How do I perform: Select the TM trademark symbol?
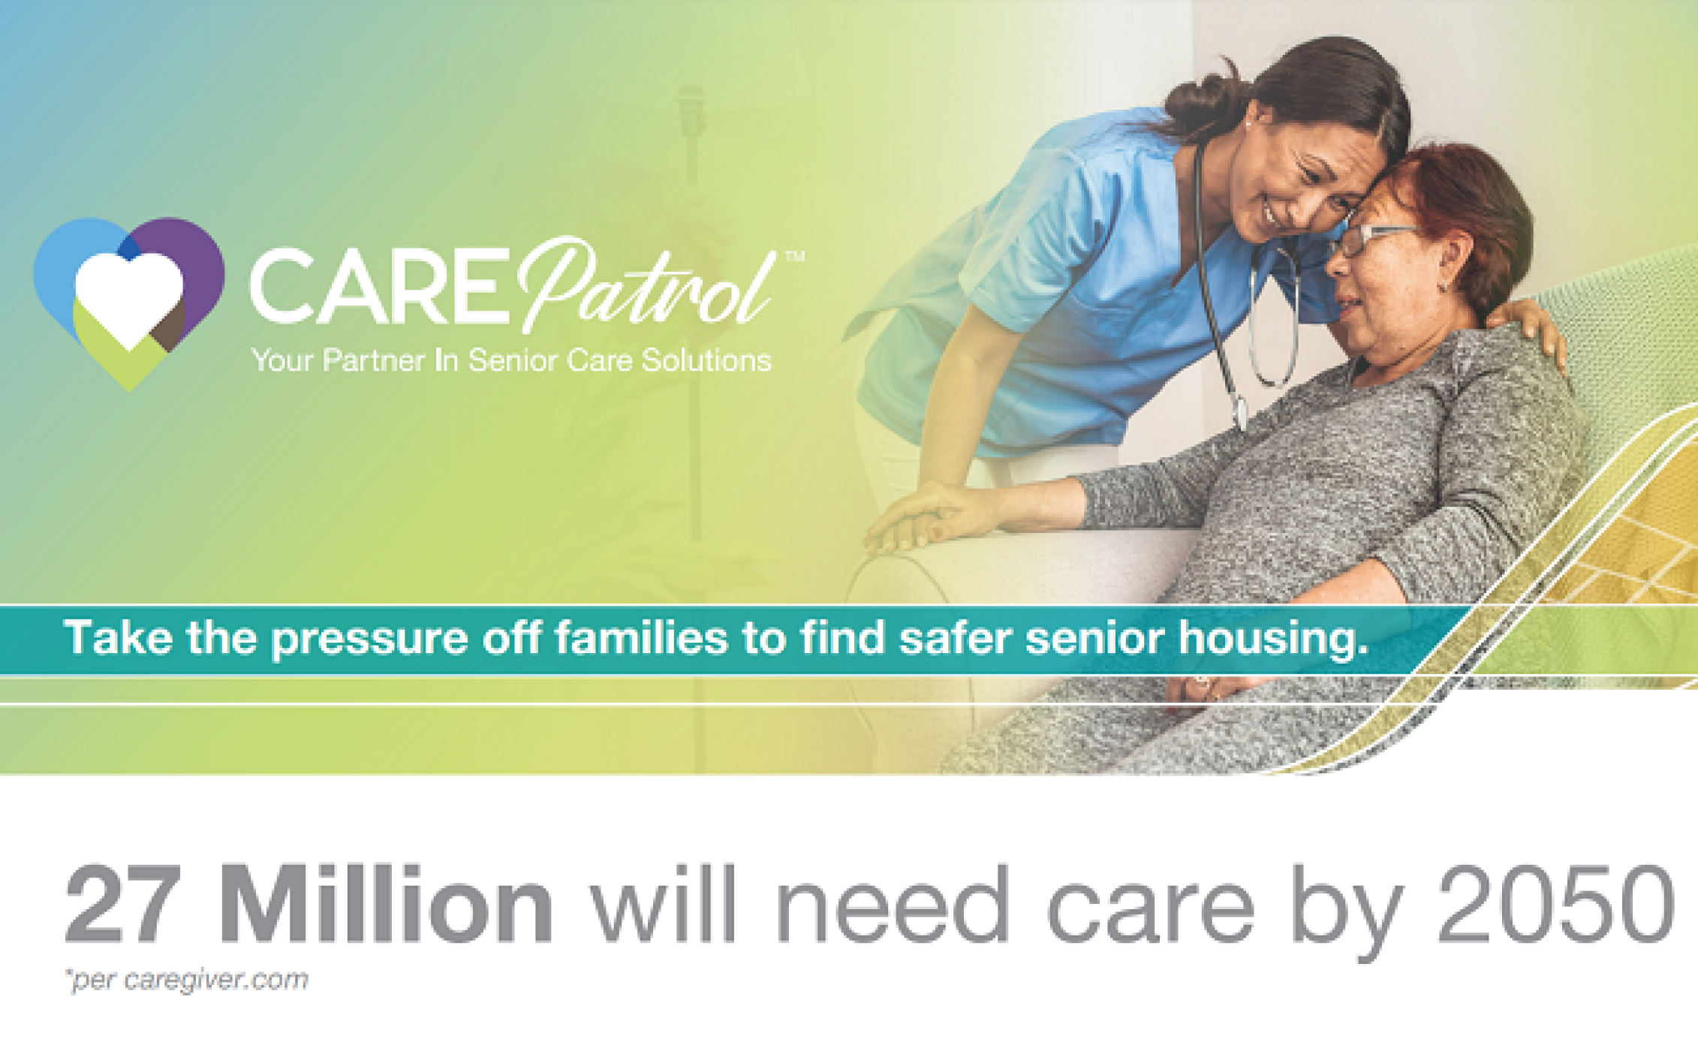pos(794,257)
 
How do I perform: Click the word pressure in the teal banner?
pos(369,639)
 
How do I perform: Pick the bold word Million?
pos(387,904)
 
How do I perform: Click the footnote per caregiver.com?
pos(188,980)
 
